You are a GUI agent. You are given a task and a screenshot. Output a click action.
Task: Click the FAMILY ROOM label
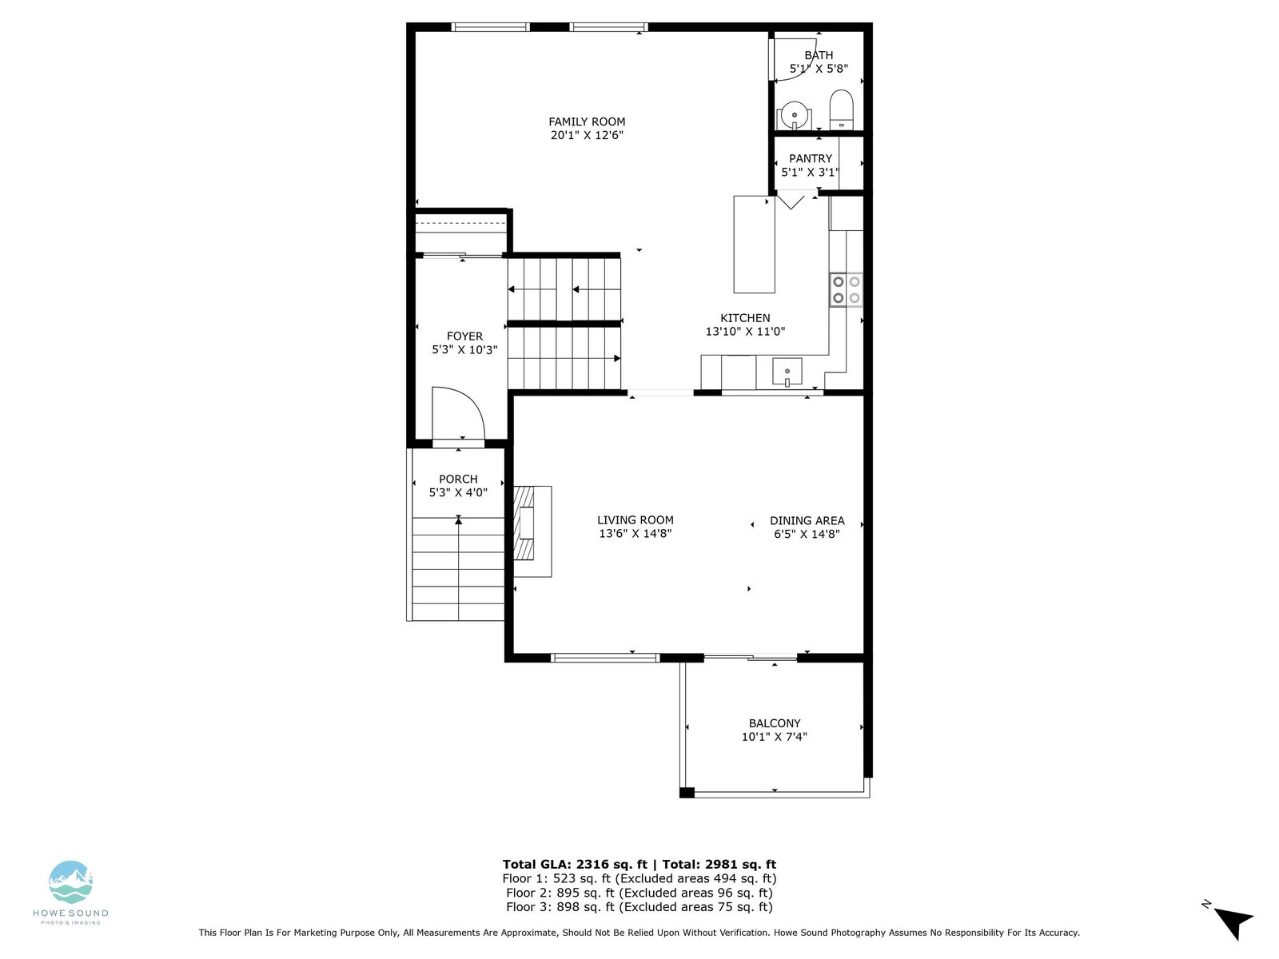[x=587, y=121]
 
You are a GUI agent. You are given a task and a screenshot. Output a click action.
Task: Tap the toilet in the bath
[x=841, y=109]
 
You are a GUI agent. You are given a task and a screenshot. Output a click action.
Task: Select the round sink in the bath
[x=795, y=115]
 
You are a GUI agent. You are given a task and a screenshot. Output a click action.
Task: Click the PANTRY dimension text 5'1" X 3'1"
[x=810, y=172]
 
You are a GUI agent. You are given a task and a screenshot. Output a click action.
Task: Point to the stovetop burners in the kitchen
[x=846, y=290]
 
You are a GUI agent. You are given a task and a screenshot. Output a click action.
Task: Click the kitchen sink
[x=787, y=372]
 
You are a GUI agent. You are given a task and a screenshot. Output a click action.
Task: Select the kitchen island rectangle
[x=754, y=245]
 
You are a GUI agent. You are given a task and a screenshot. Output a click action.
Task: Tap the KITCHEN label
[x=745, y=318]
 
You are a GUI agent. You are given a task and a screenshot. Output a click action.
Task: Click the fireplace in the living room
[x=532, y=531]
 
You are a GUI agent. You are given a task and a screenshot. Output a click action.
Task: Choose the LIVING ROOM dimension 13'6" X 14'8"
[x=636, y=533]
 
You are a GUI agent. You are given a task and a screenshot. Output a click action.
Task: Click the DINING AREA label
[x=807, y=520]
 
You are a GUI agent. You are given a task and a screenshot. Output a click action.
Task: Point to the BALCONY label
[x=775, y=723]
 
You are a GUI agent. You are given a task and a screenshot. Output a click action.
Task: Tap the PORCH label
[x=458, y=479]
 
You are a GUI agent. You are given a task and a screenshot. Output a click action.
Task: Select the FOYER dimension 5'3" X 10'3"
[x=464, y=350]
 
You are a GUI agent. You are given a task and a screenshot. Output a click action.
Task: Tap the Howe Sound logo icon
[x=70, y=881]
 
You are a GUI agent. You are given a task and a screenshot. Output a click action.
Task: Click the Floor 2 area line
[x=639, y=893]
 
